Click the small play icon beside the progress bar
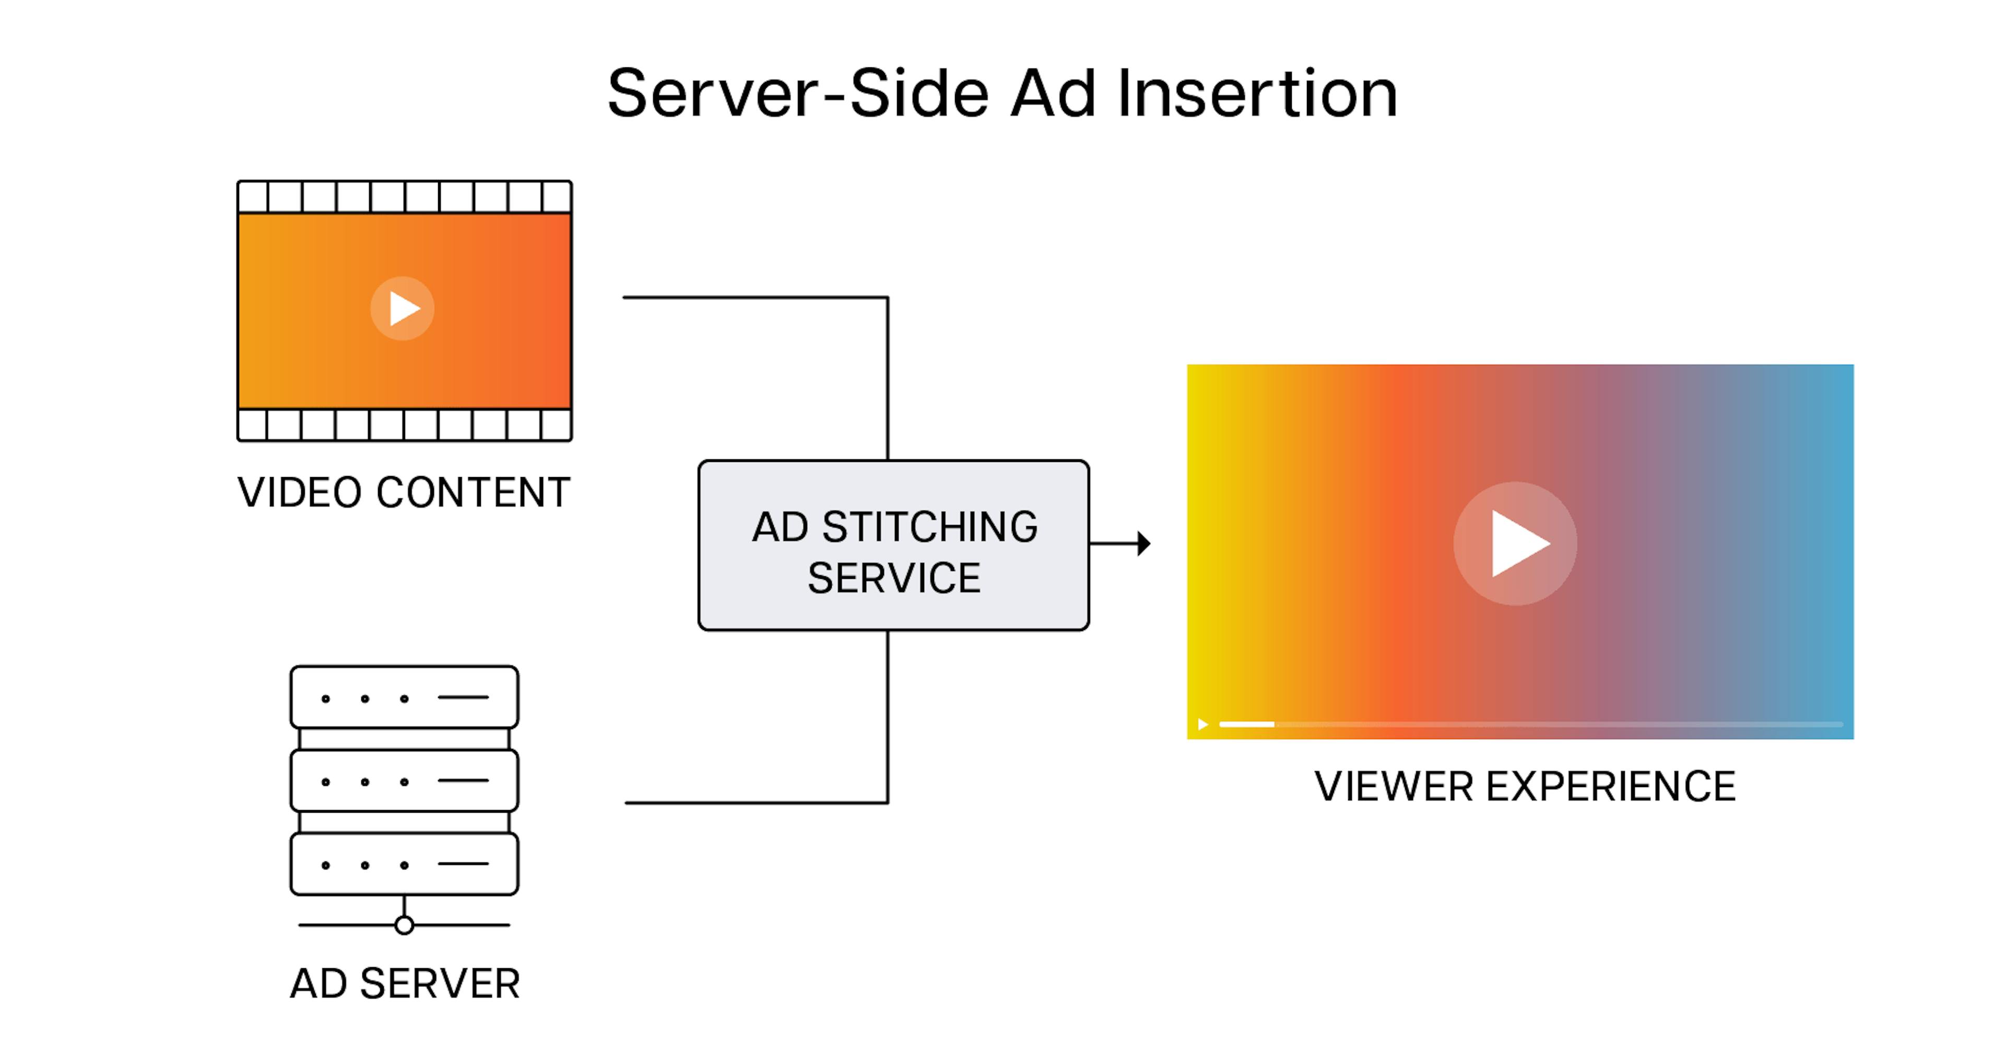coord(1202,724)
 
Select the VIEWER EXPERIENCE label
coord(1525,787)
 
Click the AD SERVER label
coord(405,983)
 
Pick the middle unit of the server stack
coord(404,780)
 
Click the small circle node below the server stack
coord(404,925)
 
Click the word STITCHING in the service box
coord(929,528)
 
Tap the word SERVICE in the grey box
coord(893,578)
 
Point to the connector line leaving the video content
coord(755,297)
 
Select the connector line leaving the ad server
coord(755,802)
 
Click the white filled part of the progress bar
coord(1246,724)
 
